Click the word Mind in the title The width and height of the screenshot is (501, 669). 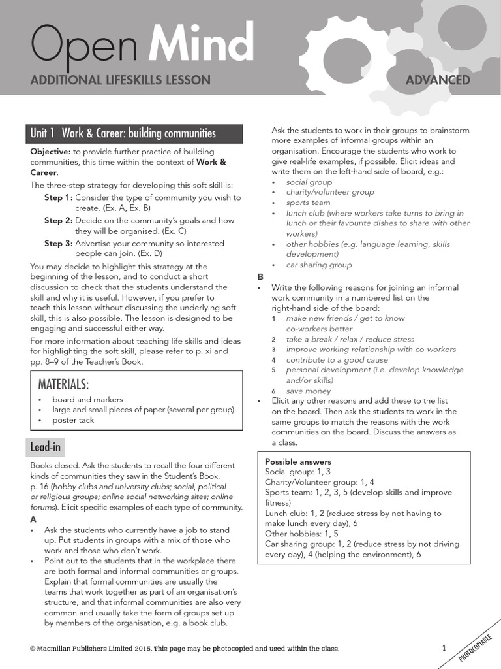coord(202,44)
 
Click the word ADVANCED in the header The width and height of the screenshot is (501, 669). coord(438,80)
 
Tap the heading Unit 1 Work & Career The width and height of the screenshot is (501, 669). coord(123,134)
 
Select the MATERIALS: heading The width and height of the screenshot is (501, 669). coord(63,383)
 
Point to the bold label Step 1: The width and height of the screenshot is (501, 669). coord(58,197)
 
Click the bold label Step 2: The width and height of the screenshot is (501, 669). coord(58,221)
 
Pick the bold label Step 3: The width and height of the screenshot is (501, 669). coord(58,244)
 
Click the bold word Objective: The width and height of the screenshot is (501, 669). coord(52,151)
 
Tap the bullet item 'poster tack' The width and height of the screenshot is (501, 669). coord(73,420)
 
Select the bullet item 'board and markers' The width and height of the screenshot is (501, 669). coord(87,399)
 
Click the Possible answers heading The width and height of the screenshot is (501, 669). coord(298,461)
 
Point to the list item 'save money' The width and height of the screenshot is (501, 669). coord(309,391)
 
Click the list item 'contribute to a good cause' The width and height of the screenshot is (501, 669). coord(337,359)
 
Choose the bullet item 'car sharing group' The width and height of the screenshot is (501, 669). coord(318,265)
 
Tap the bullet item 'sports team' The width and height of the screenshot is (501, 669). coord(308,203)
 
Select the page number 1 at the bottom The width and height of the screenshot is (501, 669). coord(444,648)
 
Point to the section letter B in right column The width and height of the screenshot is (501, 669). coord(261,276)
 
